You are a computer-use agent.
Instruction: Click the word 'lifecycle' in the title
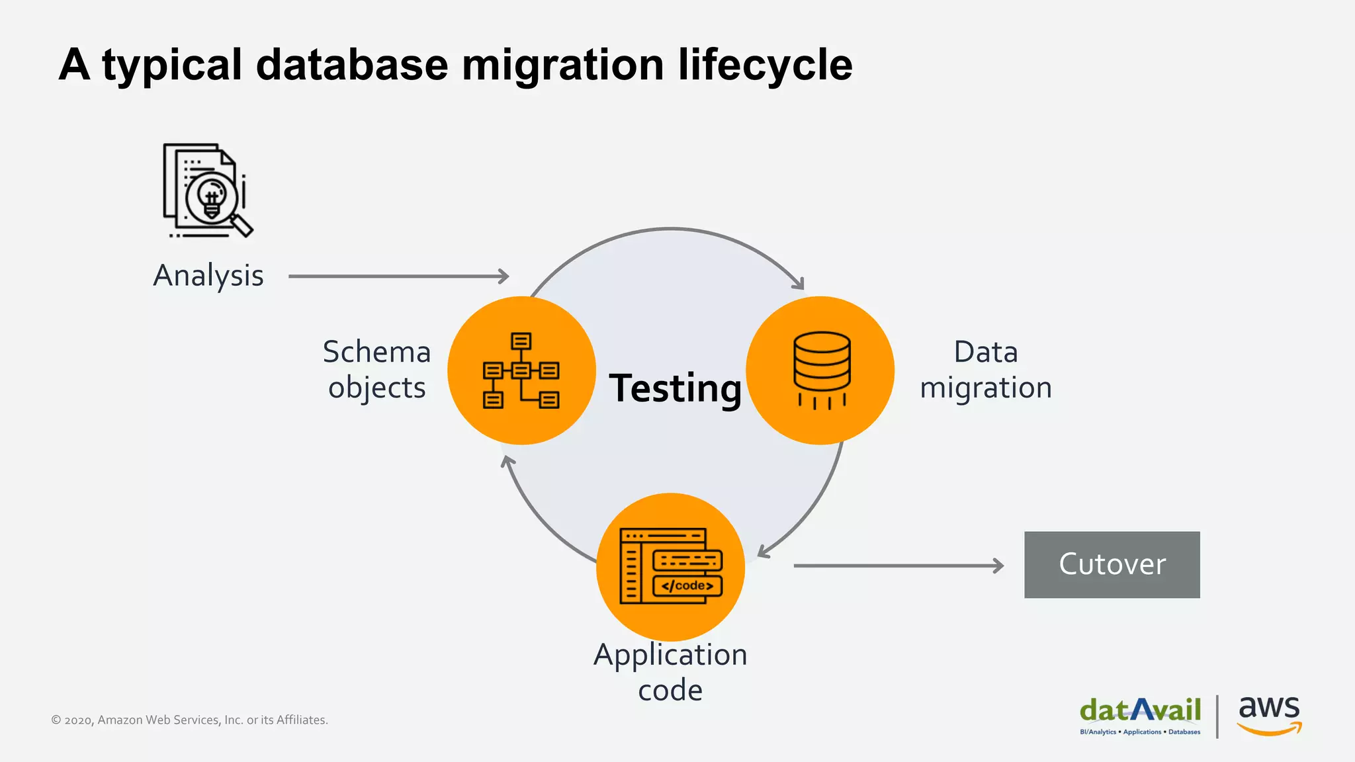(765, 65)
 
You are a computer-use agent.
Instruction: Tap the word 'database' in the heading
(352, 65)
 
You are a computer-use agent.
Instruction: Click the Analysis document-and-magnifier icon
(208, 190)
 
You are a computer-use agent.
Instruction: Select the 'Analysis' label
(208, 276)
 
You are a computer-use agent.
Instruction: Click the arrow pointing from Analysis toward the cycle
(398, 276)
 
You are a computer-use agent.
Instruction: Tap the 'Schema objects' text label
(376, 369)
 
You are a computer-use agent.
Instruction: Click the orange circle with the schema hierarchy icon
(521, 370)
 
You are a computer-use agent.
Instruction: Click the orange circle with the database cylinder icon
(820, 370)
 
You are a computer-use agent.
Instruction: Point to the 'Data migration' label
(985, 369)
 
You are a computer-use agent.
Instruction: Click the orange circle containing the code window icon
(670, 566)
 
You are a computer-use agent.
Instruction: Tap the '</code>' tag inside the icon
(687, 585)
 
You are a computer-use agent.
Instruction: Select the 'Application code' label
(670, 671)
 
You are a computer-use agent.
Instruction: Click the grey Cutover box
(1112, 564)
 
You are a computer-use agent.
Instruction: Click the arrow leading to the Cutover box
(898, 566)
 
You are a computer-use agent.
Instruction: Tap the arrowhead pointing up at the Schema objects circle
(507, 460)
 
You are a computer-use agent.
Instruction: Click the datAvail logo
(1140, 715)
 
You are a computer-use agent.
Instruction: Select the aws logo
(1268, 714)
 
